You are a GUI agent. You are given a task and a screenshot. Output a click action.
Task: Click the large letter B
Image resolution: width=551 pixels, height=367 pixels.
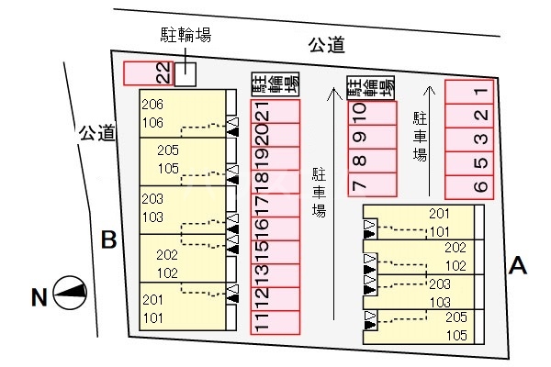coord(108,240)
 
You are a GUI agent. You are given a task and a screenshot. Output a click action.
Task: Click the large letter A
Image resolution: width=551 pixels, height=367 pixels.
coord(518,266)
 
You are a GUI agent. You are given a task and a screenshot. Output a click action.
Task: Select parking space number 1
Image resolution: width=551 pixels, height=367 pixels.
coord(469,92)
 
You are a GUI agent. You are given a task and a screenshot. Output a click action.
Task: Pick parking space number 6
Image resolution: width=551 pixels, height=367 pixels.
coord(469,186)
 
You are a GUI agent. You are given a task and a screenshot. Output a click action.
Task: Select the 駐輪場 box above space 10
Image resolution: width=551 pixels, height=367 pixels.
coord(371,86)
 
